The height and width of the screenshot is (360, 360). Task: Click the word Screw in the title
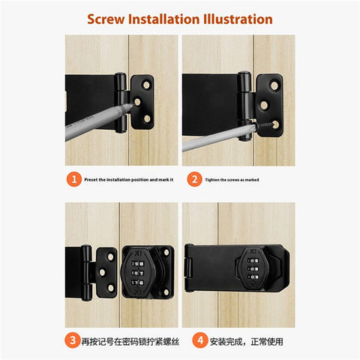[x=106, y=19]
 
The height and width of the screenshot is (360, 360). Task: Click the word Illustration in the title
[x=238, y=19]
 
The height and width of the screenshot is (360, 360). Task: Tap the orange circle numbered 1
[x=74, y=179]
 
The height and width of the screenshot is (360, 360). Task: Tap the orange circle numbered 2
[x=194, y=179]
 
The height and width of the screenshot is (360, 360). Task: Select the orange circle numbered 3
[x=73, y=340]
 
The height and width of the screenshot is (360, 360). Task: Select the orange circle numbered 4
[x=200, y=340]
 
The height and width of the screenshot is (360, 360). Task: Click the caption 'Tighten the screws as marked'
[x=232, y=180]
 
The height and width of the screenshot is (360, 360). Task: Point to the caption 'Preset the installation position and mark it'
[x=129, y=180]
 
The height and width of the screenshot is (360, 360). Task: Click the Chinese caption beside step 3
[x=130, y=341]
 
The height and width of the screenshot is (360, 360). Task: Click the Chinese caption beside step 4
[x=247, y=341]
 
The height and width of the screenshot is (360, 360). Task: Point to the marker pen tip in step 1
[x=130, y=106]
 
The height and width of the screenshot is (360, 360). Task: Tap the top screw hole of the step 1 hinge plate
[x=146, y=85]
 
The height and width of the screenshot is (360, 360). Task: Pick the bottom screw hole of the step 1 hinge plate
[x=147, y=118]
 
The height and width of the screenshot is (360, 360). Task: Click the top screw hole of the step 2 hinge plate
[x=274, y=85]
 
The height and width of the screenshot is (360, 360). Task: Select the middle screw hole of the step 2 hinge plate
[x=264, y=105]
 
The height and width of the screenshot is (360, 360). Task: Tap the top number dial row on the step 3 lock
[x=138, y=263]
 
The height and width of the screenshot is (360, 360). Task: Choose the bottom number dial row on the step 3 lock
[x=138, y=283]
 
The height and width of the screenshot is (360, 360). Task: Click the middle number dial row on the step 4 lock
[x=253, y=269]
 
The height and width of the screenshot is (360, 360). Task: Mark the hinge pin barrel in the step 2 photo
[x=244, y=106]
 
